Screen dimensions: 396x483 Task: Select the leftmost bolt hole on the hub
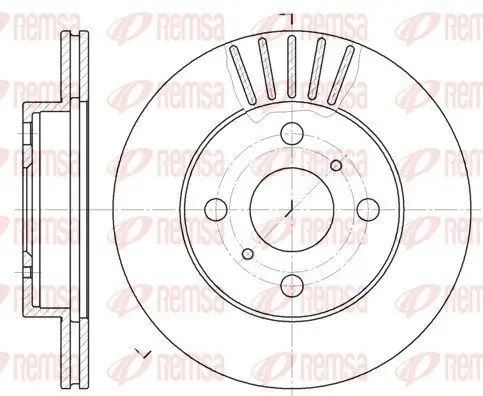214,208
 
